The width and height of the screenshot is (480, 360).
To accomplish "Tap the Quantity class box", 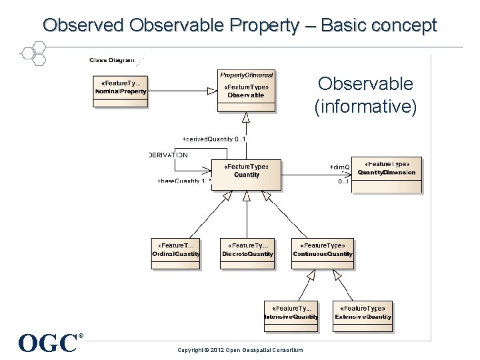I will click(x=246, y=175).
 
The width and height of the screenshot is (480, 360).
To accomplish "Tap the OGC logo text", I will click(x=49, y=343).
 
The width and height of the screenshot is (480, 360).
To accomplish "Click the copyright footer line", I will click(x=240, y=350).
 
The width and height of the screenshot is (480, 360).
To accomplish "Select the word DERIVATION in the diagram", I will click(x=168, y=155).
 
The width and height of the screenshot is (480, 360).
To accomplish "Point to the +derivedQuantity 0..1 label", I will click(x=214, y=139).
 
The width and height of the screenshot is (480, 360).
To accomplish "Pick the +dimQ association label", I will click(x=339, y=166).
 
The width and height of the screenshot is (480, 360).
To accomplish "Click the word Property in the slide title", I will click(x=275, y=25).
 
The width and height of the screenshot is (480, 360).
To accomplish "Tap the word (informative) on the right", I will click(x=365, y=106).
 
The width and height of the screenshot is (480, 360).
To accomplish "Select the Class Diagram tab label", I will click(x=112, y=60).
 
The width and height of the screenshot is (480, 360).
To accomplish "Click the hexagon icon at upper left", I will click(x=32, y=53).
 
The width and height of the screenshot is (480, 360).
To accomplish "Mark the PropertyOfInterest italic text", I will click(x=246, y=74).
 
